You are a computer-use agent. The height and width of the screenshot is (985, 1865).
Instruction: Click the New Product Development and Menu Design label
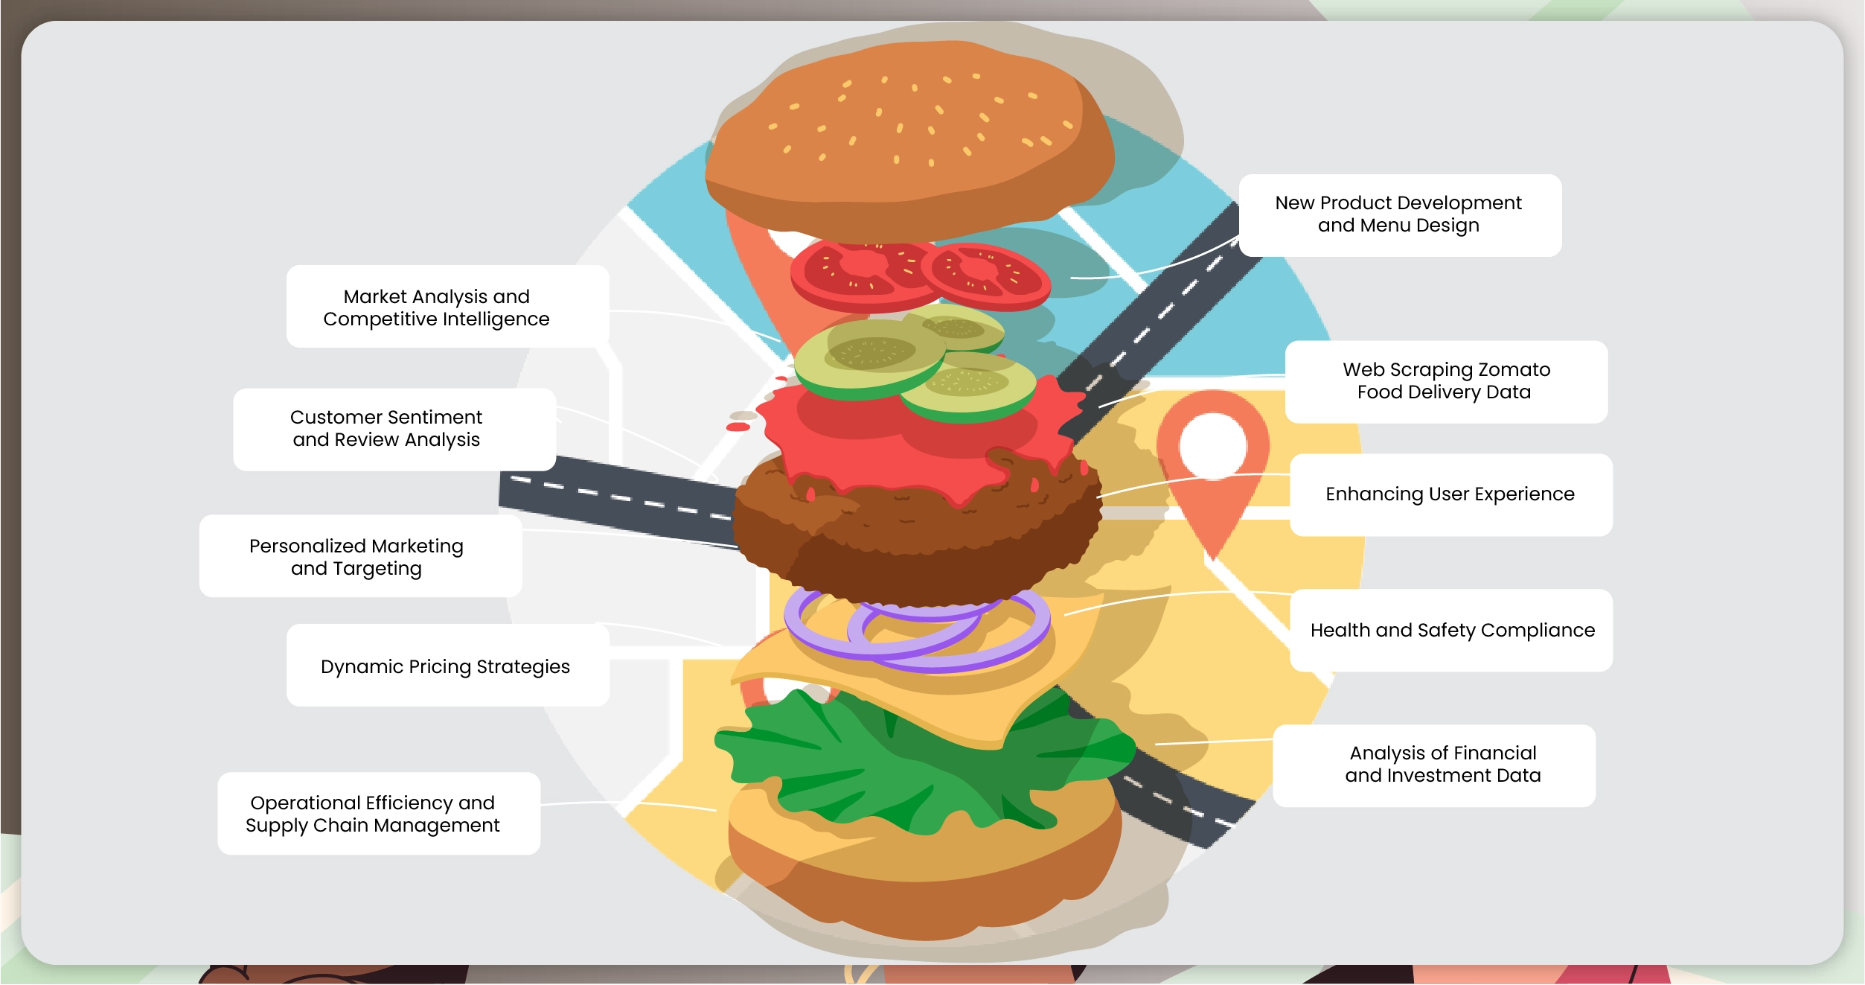point(1399,214)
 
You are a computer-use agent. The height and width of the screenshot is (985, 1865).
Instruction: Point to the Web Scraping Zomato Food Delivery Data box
point(1445,381)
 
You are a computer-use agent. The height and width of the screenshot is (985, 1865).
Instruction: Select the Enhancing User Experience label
point(1450,494)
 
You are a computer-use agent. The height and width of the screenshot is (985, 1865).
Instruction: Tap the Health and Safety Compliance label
point(1451,631)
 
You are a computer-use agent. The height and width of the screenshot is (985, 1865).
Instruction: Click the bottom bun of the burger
point(923,879)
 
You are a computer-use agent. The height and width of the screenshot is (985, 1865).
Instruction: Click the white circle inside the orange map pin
point(1213,446)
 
